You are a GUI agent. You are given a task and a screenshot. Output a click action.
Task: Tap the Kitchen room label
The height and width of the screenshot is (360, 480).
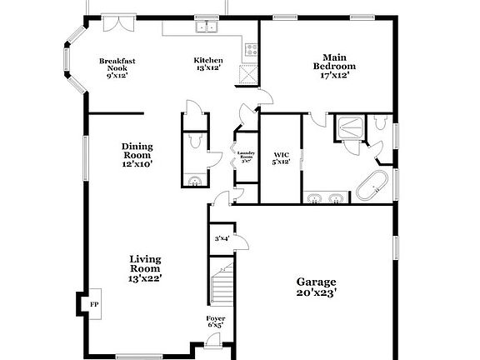point(208,64)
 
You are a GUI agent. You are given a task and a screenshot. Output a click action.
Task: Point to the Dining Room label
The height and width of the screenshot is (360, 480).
point(137,154)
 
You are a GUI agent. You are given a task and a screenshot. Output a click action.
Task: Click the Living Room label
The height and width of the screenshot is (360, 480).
point(145,268)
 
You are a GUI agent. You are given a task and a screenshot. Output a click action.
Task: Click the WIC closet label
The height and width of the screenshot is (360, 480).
point(281,157)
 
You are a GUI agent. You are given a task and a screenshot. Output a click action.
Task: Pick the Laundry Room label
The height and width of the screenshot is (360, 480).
point(245,156)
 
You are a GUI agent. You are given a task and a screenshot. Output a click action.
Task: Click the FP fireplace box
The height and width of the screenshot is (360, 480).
point(94,304)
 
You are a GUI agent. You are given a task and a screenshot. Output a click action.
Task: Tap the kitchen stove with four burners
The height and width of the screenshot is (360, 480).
point(248,49)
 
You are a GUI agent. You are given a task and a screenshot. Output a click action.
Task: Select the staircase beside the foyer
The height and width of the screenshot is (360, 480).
point(222,282)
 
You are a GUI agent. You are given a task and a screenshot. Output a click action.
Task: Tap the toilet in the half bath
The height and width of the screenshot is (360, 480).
point(194,142)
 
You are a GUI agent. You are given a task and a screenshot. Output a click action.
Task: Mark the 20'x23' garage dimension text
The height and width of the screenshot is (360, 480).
point(314,293)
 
